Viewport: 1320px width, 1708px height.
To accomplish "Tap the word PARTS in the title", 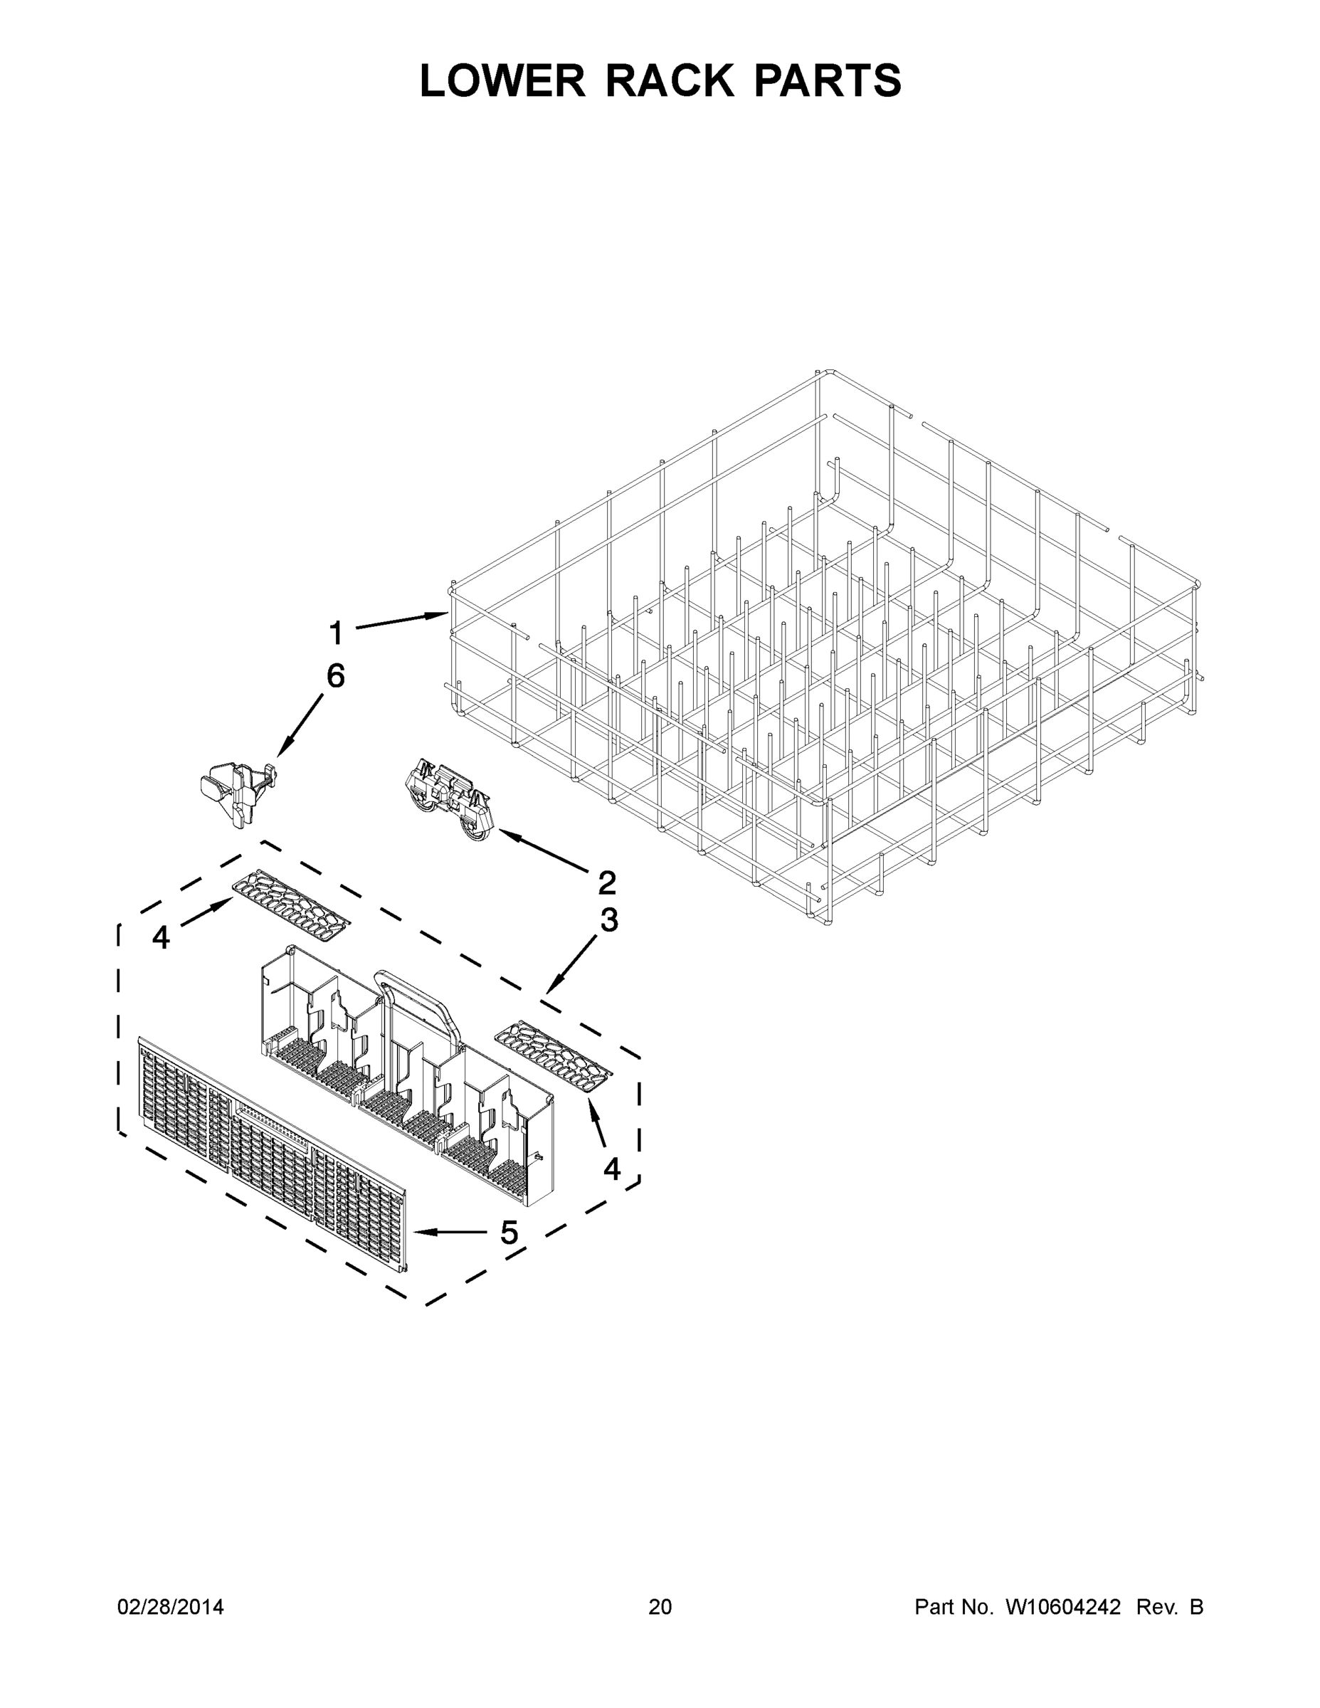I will (x=828, y=80).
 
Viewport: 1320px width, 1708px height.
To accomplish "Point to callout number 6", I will (x=335, y=675).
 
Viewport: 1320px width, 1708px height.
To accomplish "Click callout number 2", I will (x=606, y=883).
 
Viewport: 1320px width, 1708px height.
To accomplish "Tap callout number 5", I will (x=509, y=1233).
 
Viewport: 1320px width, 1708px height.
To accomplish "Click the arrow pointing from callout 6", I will (x=300, y=725).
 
